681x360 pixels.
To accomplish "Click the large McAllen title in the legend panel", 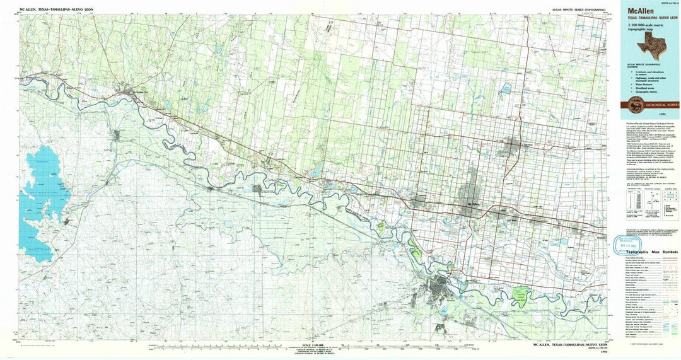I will tap(637, 11).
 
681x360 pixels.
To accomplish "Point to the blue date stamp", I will tap(630, 241).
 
